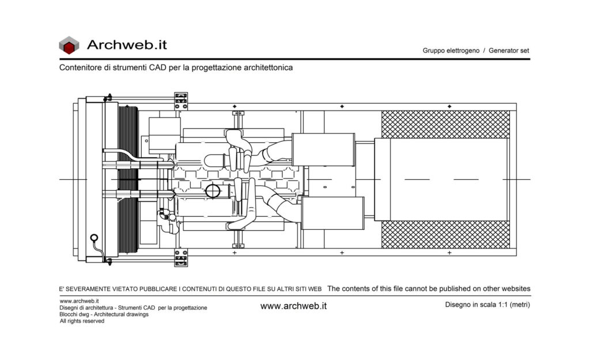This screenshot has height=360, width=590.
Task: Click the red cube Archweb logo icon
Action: (x=69, y=45)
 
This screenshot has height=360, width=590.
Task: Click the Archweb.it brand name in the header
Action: (x=127, y=45)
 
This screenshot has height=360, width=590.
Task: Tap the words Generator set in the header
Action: (x=509, y=51)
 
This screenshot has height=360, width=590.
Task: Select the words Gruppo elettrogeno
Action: (x=451, y=51)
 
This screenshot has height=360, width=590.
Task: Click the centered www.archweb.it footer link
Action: (x=293, y=306)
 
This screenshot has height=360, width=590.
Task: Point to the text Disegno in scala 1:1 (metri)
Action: (x=487, y=305)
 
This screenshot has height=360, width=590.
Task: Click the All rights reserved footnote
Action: (x=82, y=321)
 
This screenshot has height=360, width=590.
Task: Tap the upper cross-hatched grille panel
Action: (x=445, y=124)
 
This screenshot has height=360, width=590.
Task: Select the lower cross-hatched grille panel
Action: (x=445, y=234)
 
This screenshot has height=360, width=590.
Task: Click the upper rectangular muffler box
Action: (x=323, y=149)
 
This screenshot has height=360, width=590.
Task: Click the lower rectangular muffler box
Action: (x=332, y=213)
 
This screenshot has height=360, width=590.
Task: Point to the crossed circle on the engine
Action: (x=213, y=191)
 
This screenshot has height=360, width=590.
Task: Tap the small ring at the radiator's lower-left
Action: (x=94, y=238)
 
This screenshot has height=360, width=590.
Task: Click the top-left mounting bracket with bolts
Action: (x=181, y=101)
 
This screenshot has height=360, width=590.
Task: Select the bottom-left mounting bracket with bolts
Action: (x=181, y=257)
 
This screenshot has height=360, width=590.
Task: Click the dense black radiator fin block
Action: (x=128, y=180)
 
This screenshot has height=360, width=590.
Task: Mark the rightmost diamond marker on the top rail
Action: (x=449, y=107)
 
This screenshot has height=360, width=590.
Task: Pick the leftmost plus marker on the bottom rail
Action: (x=235, y=253)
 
